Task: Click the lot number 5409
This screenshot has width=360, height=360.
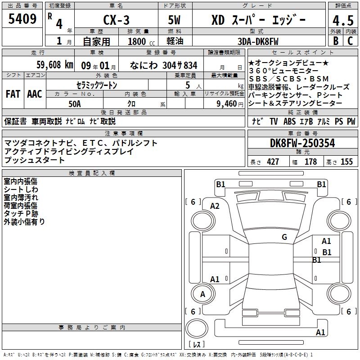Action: [22, 18]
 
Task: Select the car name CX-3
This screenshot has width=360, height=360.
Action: [116, 20]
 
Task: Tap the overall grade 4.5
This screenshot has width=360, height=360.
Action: [343, 21]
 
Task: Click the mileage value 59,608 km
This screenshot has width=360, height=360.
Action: [55, 65]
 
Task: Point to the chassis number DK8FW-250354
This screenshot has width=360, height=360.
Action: [302, 143]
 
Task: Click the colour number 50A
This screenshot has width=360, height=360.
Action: [75, 104]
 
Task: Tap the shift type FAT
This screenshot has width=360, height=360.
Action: [13, 94]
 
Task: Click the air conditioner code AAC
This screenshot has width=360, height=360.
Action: [35, 94]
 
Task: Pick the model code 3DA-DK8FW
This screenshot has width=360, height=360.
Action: [258, 41]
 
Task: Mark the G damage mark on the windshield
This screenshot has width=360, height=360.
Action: [284, 237]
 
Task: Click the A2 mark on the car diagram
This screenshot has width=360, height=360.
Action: [215, 206]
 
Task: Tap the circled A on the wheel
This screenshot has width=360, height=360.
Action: [203, 294]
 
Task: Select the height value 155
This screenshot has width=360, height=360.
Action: [346, 162]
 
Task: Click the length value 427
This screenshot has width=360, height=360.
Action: [273, 162]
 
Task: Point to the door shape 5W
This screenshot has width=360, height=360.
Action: [174, 20]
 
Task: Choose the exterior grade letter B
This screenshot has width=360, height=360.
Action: [336, 40]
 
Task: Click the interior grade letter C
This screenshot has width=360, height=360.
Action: [350, 40]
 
